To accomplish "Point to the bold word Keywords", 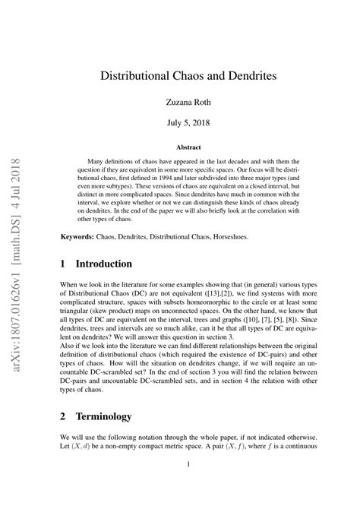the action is pos(77,238).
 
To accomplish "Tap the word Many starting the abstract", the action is pos(98,162).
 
